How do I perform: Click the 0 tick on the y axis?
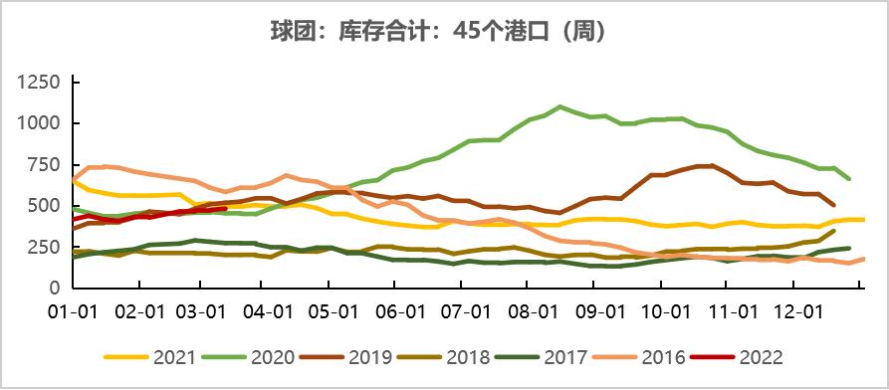[55, 288]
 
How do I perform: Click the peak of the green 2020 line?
[560, 106]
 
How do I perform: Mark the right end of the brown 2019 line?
[833, 205]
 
